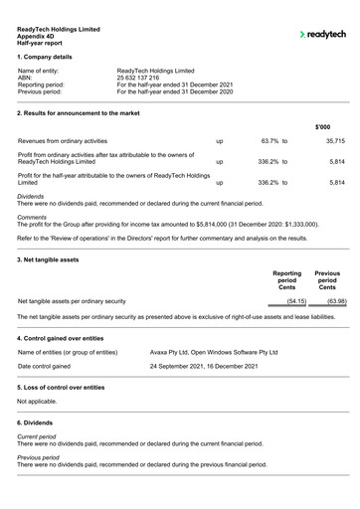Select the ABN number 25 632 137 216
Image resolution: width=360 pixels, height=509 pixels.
144,78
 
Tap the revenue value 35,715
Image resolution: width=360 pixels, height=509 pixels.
334,142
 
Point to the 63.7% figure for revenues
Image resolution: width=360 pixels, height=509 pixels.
273,142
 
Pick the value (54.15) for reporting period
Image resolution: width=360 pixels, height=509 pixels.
295,300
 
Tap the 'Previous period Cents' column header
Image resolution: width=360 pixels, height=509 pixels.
327,279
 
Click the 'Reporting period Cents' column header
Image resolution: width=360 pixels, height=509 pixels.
286,279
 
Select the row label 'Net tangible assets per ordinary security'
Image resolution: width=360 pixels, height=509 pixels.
72,300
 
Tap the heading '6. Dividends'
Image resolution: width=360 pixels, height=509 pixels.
39,424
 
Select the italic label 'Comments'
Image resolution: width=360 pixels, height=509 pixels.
32,217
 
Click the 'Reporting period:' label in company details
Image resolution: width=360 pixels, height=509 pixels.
47,85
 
